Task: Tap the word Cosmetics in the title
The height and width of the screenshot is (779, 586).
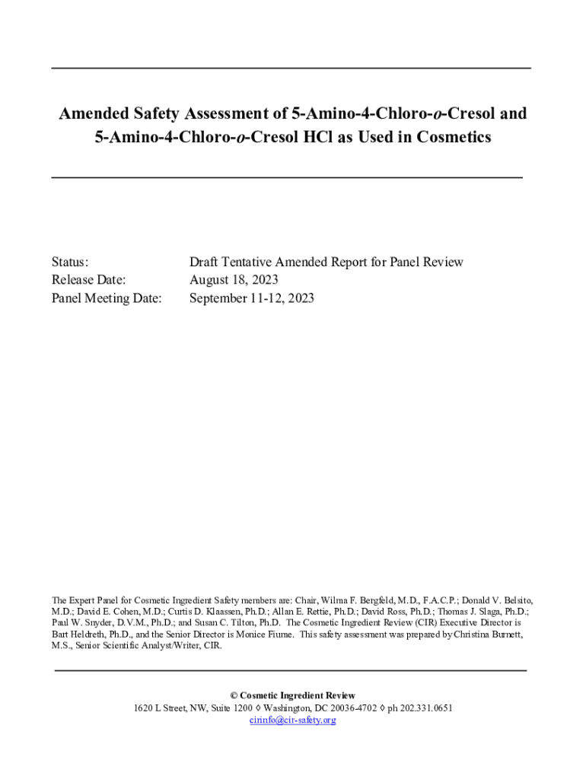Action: tap(451, 138)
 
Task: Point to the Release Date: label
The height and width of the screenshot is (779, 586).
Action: tap(88, 280)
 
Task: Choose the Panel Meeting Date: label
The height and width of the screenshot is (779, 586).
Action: tap(107, 298)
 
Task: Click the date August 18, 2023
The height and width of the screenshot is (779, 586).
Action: tap(234, 280)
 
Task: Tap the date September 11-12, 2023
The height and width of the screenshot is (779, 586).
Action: tap(251, 298)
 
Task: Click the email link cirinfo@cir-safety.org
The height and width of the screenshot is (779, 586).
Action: tap(292, 720)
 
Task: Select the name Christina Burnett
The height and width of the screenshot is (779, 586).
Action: tap(486, 633)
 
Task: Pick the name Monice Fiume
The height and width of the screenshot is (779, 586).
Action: tap(268, 633)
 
